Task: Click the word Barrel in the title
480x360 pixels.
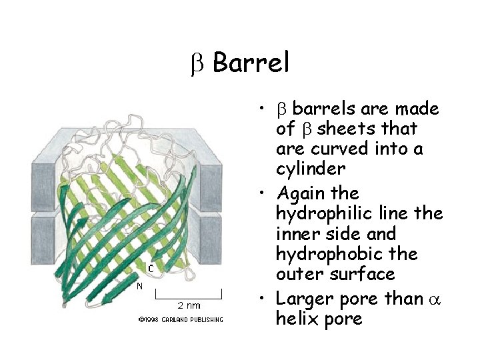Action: pyautogui.click(x=251, y=63)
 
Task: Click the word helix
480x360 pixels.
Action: pyautogui.click(x=295, y=319)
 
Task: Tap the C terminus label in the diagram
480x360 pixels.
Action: pyautogui.click(x=151, y=268)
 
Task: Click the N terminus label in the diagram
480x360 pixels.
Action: pyautogui.click(x=139, y=287)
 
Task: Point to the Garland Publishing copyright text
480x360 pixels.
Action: pyautogui.click(x=181, y=320)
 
